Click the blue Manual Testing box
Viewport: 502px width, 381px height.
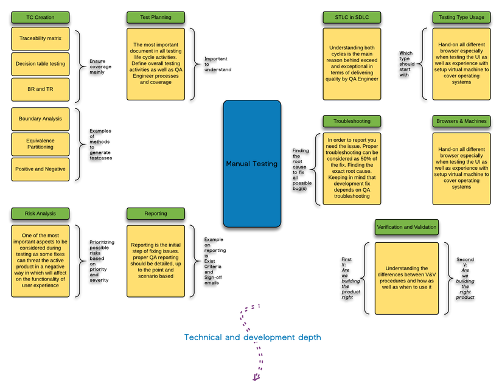coord(252,164)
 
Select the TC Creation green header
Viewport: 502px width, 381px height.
coord(40,17)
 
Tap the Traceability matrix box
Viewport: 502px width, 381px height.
coord(40,38)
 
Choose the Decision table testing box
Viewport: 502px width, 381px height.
coord(40,63)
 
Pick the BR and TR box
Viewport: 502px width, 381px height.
coord(40,89)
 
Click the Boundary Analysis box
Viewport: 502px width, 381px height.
coord(40,119)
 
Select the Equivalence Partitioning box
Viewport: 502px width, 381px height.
coord(40,144)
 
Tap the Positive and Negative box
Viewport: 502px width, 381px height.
coord(40,169)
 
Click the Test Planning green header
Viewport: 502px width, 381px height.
coord(156,17)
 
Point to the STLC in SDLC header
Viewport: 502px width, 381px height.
coord(352,17)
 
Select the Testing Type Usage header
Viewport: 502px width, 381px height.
coord(461,17)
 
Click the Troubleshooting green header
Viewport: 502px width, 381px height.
coord(352,121)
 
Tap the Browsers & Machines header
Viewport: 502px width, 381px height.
coord(461,121)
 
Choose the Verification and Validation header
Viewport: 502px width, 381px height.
coord(406,227)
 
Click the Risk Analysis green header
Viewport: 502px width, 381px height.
coord(40,214)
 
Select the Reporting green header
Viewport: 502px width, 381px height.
coord(156,214)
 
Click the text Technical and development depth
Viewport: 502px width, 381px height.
coord(253,337)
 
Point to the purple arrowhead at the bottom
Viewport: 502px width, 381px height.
coord(256,377)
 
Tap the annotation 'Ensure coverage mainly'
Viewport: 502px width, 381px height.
coord(100,66)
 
